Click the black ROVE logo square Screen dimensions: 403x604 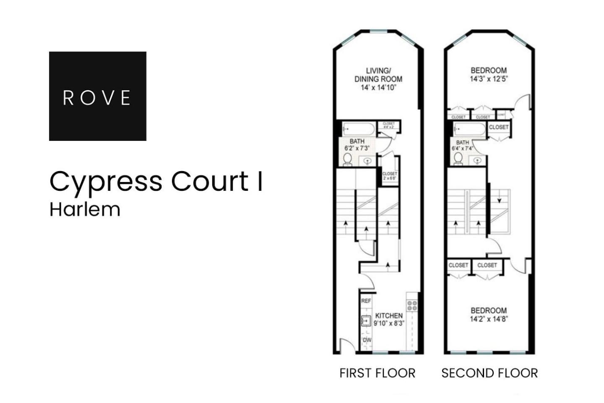pos(97,96)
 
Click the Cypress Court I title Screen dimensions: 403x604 pos(156,181)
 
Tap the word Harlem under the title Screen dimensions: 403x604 pos(85,209)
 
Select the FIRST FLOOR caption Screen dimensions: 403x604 pos(377,373)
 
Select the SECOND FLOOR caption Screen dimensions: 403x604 pos(489,373)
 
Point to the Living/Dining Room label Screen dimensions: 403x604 pos(378,79)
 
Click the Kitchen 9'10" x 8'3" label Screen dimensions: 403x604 pos(389,319)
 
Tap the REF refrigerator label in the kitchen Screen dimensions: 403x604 pos(366,301)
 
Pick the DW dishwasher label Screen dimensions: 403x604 pos(367,340)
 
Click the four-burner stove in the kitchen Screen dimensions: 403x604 pos(412,305)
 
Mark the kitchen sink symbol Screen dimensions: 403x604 pos(366,321)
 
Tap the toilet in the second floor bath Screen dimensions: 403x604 pos(458,159)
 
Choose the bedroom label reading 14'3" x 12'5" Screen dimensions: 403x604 pos(489,75)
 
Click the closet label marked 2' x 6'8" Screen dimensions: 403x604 pos(389,175)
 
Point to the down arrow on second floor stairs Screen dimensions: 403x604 pos(499,200)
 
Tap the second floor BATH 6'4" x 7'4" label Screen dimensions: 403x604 pos(462,145)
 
